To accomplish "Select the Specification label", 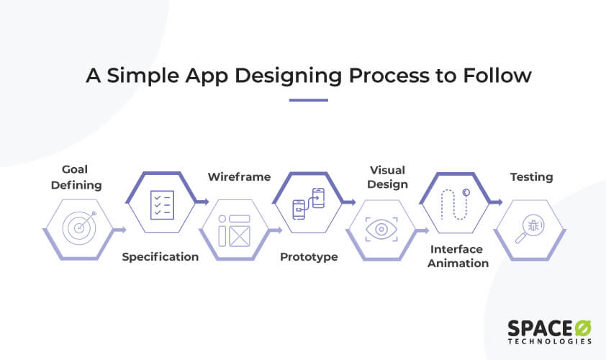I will coord(160,257).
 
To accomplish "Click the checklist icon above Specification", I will coord(160,204).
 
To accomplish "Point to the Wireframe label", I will coord(240,176).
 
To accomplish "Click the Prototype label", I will coord(309,257).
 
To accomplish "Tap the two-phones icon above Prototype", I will coord(308,204).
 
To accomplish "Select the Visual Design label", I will coord(388,177).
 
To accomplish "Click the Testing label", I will coord(532,176).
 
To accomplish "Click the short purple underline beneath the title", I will coord(308,100).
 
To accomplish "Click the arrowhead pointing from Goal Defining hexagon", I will coord(124,230).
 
